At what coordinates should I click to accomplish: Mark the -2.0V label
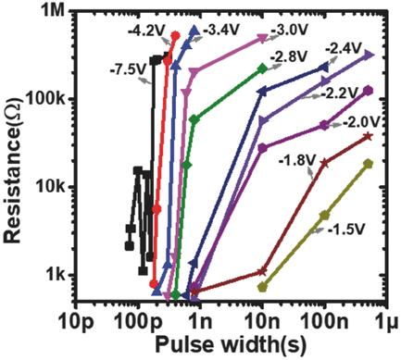[360, 123]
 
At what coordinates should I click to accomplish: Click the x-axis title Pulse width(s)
[230, 345]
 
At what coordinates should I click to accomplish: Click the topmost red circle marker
[175, 36]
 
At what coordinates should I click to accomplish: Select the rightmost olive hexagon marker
[369, 163]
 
